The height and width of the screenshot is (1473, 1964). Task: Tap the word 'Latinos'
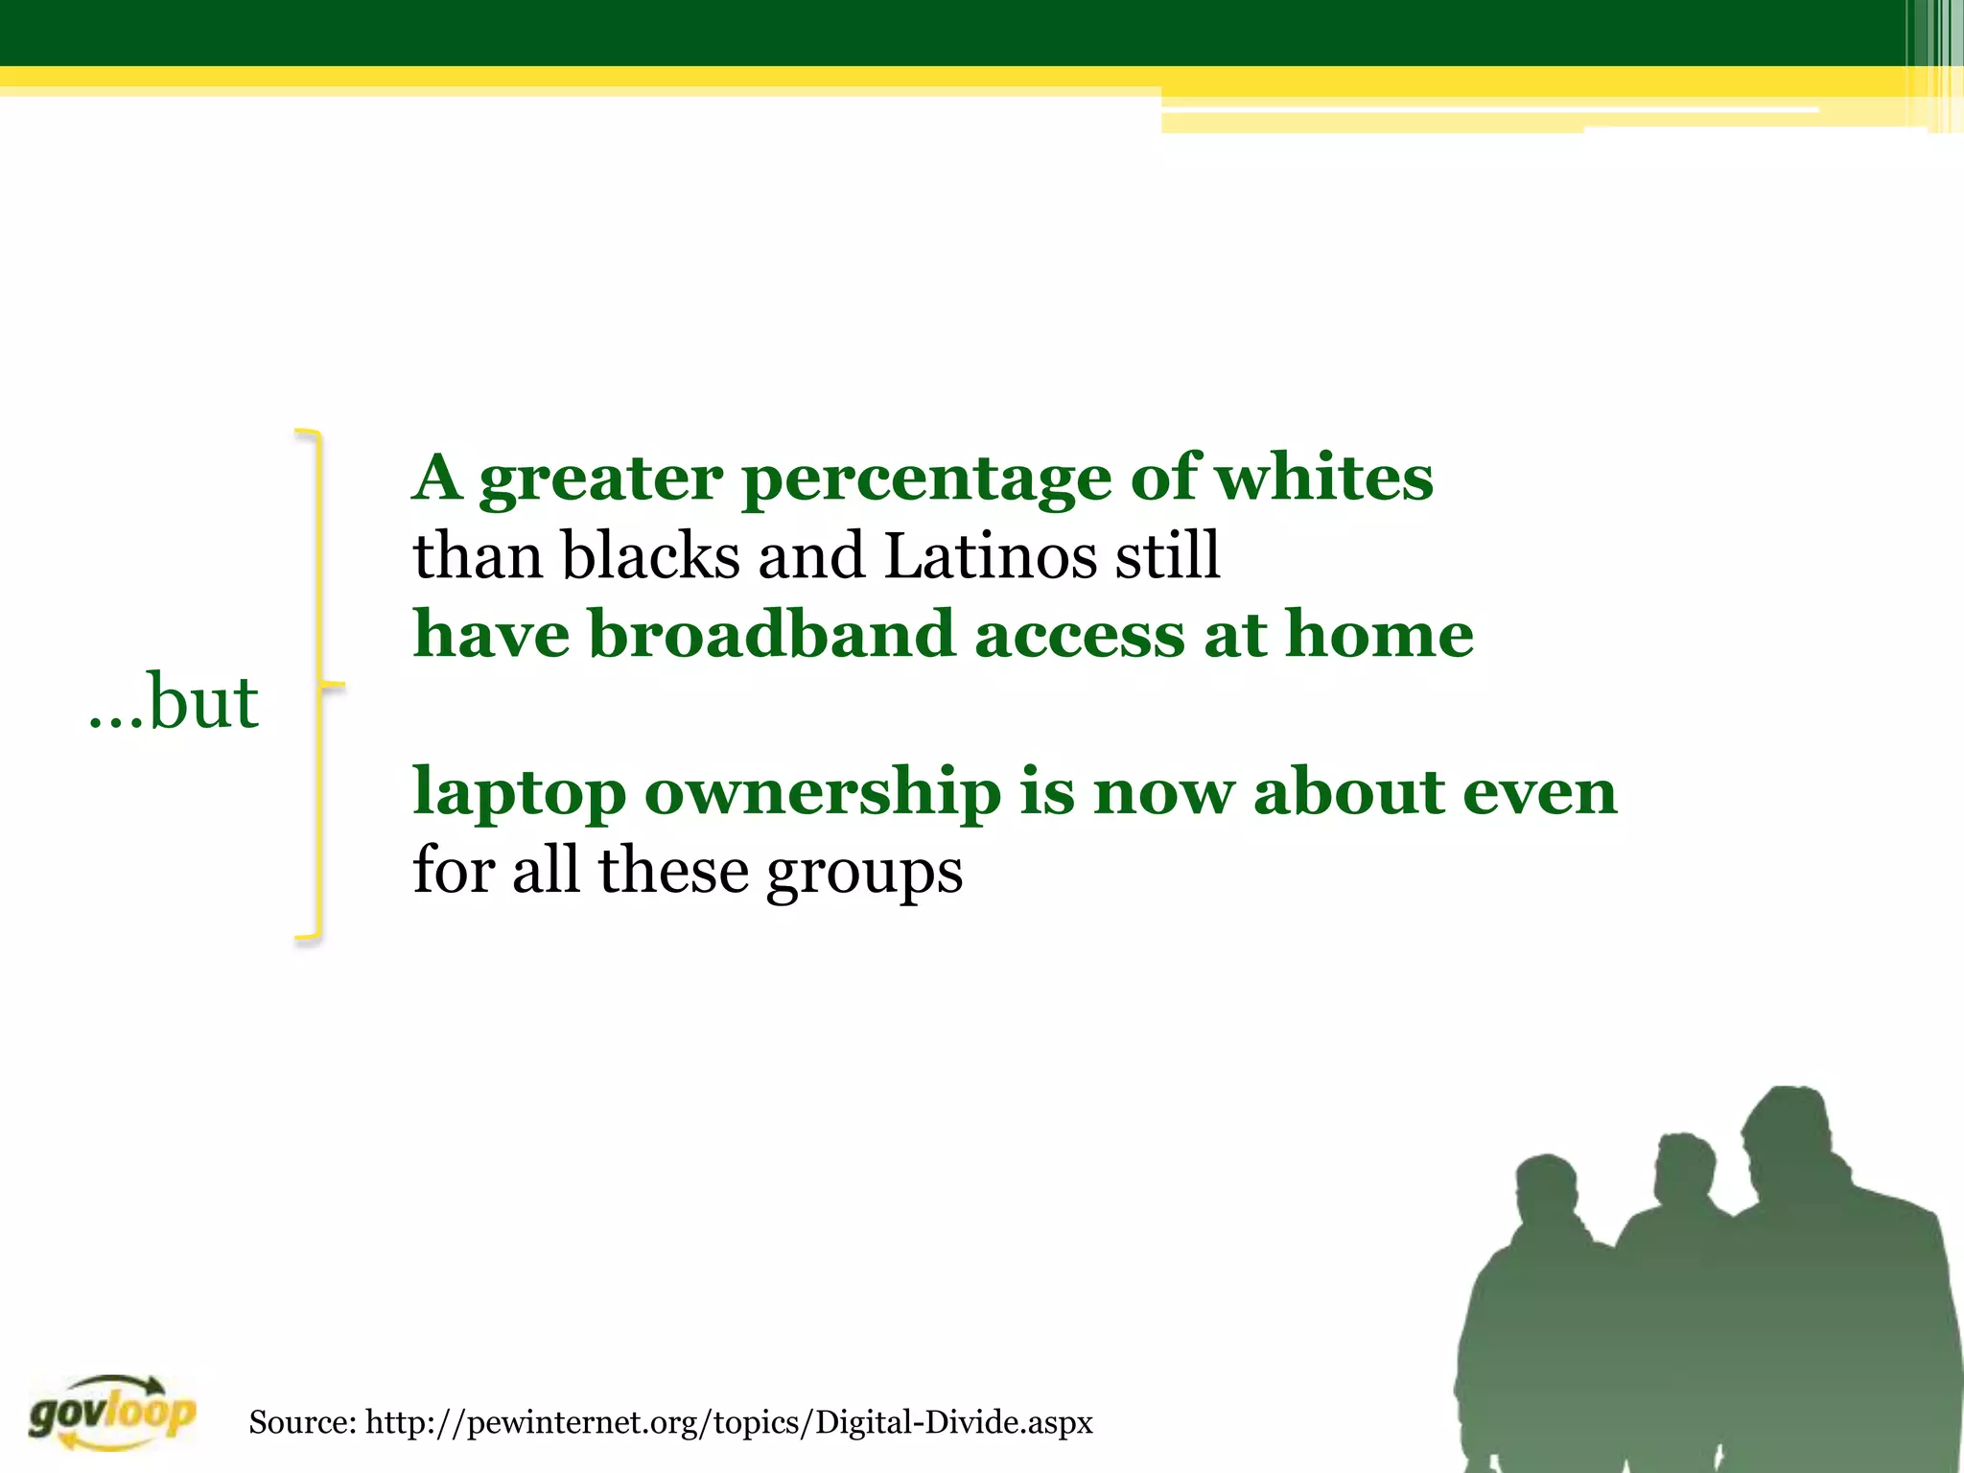pos(989,556)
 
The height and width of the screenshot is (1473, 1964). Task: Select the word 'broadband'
pos(771,634)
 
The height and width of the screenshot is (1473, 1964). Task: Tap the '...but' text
pos(174,701)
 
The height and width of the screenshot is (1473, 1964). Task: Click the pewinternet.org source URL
pos(729,1421)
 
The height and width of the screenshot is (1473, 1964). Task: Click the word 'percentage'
pos(926,479)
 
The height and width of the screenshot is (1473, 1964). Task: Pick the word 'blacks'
pos(650,556)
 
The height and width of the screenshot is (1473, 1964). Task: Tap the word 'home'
pos(1378,634)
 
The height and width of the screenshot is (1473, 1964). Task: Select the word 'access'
pos(1079,636)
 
